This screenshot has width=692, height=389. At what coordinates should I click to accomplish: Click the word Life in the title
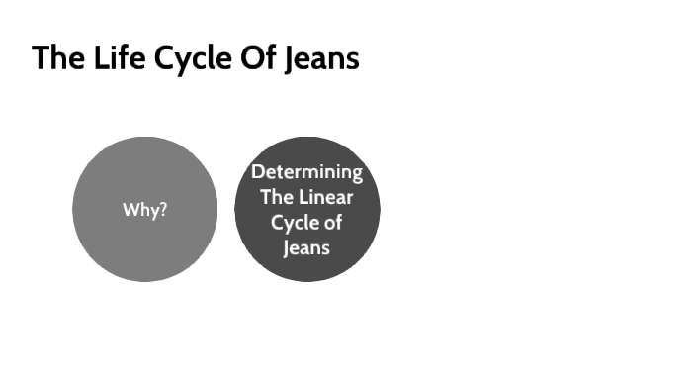107,58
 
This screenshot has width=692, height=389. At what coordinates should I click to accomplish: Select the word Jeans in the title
321,59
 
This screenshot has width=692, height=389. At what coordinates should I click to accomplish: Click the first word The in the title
52,58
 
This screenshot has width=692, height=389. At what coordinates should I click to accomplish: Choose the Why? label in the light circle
144,210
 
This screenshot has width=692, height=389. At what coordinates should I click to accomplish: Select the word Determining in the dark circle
306,172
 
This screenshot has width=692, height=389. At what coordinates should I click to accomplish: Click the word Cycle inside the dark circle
294,223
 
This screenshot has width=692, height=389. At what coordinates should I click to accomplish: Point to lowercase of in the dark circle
332,223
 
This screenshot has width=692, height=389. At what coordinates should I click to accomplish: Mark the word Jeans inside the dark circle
306,247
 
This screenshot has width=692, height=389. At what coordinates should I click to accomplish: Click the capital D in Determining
256,172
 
